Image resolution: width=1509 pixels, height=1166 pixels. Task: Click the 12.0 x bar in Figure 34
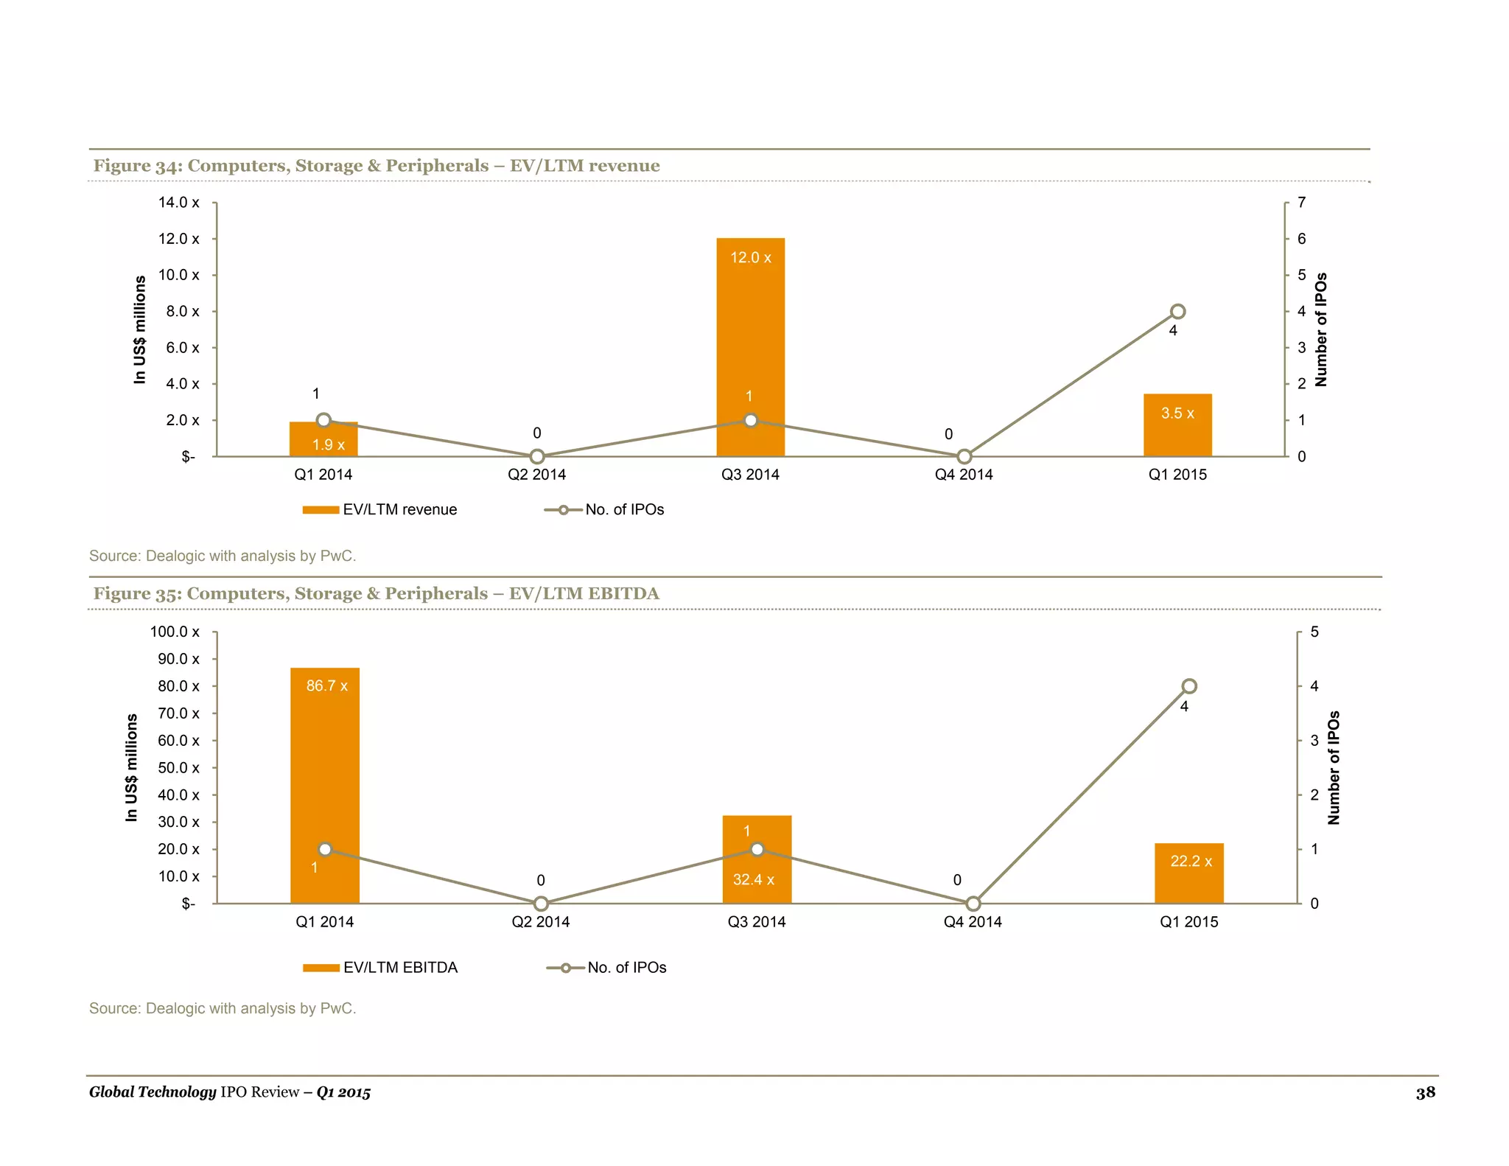(x=750, y=332)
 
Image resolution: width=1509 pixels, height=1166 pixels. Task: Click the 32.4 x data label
(x=753, y=880)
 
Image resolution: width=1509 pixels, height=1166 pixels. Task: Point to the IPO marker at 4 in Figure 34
(x=1177, y=312)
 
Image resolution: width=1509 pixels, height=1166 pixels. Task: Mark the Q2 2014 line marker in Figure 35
(x=541, y=904)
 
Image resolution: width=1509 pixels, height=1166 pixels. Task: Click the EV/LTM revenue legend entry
(x=380, y=510)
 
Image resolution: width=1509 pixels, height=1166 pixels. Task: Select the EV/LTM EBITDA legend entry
(x=380, y=968)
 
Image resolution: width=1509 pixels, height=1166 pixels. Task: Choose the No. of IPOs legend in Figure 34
(x=604, y=510)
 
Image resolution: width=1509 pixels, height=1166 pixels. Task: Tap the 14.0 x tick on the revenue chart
(x=178, y=203)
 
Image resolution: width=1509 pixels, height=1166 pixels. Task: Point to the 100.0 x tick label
(x=175, y=632)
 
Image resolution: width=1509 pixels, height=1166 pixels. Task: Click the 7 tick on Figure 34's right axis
(x=1301, y=203)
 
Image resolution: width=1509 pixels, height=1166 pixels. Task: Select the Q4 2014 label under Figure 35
(x=973, y=922)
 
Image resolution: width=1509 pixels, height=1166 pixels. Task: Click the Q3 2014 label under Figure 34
(x=750, y=475)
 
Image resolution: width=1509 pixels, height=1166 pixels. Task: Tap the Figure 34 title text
(x=376, y=166)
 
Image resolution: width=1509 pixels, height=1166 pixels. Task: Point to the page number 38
(x=1425, y=1093)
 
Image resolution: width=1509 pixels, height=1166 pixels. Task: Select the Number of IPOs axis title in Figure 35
(x=1333, y=767)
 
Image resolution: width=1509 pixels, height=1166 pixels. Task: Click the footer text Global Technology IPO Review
(x=229, y=1092)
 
